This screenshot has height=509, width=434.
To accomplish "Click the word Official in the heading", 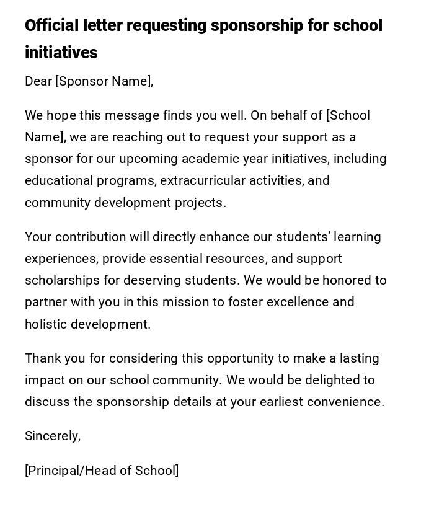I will click(52, 26).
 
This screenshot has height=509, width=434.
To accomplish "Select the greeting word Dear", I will click(38, 81).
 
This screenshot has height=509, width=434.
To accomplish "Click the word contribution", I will click(87, 237).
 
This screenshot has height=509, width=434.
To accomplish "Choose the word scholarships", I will click(62, 280).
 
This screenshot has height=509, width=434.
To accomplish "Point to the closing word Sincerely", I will click(52, 436).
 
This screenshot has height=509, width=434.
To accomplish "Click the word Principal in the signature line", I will click(55, 471).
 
